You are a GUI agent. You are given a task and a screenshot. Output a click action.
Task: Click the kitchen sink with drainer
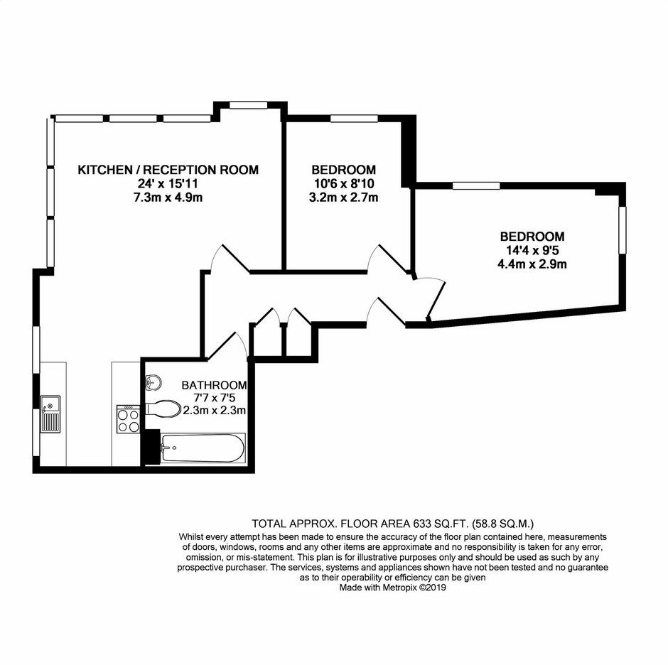(x=50, y=414)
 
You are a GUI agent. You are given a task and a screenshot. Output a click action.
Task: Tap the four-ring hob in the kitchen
(x=128, y=418)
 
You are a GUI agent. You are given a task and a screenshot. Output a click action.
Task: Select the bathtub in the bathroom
(x=203, y=448)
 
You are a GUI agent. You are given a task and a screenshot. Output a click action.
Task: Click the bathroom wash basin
(x=153, y=382)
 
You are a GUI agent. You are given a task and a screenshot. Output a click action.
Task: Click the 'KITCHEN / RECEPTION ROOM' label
(x=168, y=170)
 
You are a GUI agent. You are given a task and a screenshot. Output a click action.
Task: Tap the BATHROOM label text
(x=214, y=385)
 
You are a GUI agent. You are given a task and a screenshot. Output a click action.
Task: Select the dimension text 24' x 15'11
(x=168, y=183)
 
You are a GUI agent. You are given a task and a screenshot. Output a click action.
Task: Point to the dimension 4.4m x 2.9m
(x=532, y=264)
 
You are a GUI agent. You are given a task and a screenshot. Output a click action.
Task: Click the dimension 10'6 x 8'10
(x=344, y=183)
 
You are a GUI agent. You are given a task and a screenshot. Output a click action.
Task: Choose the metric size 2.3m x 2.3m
(x=215, y=410)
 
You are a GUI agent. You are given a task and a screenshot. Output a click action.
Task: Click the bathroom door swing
(x=226, y=345)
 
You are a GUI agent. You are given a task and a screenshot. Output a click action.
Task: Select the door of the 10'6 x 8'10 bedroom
(x=388, y=258)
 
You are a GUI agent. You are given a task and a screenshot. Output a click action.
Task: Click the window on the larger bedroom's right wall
(x=623, y=230)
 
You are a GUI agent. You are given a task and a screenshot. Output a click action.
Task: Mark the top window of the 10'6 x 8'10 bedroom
(x=354, y=119)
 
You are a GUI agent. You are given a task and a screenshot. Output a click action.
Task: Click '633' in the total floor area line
(x=421, y=523)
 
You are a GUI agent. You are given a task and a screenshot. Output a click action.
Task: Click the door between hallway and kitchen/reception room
(x=230, y=258)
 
